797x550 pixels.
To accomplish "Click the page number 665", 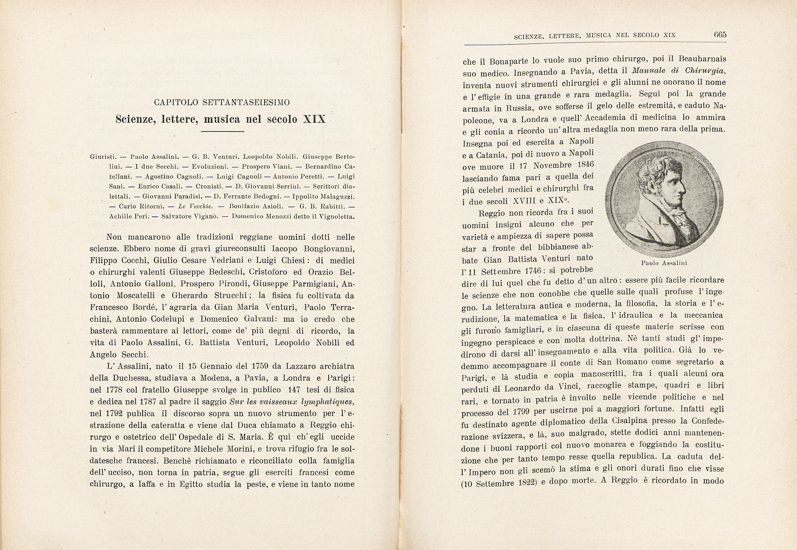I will (720, 34).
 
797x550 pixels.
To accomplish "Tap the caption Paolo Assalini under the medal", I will (664, 263).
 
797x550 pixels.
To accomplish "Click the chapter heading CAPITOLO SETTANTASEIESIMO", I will (222, 102).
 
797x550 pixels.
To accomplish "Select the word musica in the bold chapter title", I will (222, 119).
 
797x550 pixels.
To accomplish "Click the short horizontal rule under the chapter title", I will (222, 132).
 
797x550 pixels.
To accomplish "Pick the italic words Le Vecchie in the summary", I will (195, 206).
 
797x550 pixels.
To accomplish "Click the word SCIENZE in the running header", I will (528, 36).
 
